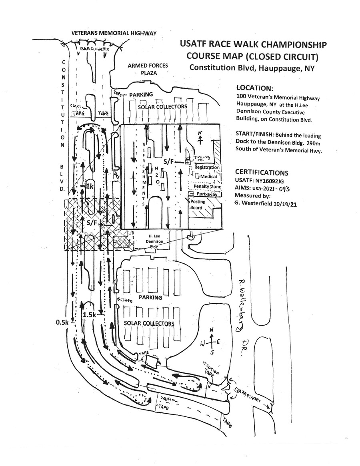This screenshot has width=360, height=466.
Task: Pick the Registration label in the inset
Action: tap(207, 168)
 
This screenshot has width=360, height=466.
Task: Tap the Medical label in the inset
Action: tap(209, 177)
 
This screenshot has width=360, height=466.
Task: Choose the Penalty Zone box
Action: tap(205, 186)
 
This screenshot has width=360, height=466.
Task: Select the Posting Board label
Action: tap(197, 204)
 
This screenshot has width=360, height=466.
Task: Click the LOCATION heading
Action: tap(255, 87)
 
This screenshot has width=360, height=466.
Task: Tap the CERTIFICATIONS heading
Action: tap(262, 173)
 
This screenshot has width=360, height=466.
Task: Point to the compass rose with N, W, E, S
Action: tap(211, 341)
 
